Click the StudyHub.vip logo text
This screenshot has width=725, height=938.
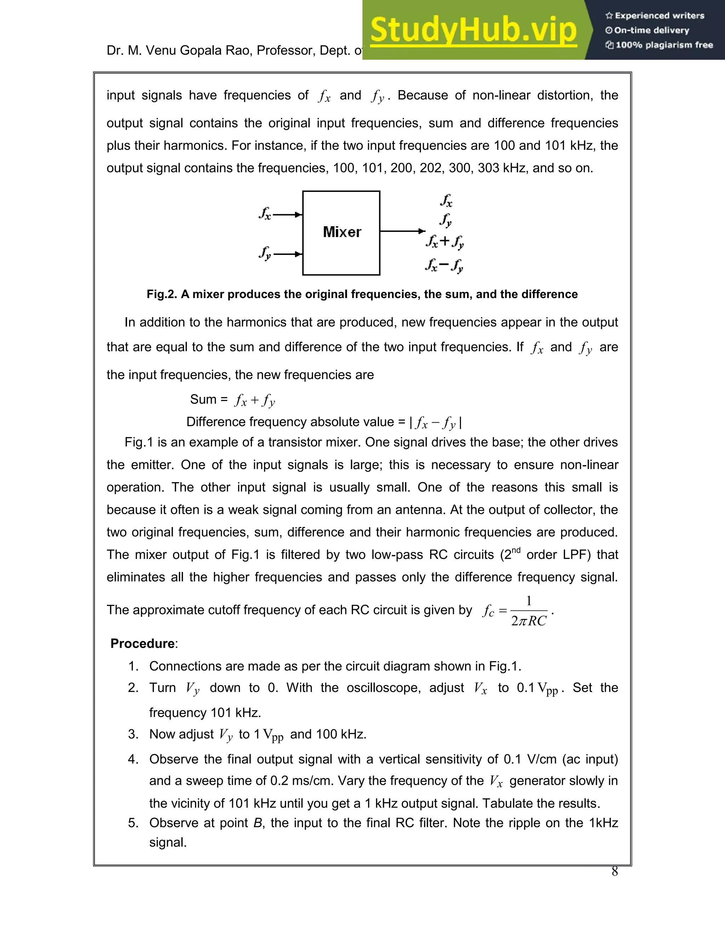point(473,30)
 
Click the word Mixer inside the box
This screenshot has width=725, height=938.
point(342,232)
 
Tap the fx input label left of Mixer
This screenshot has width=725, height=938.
point(264,213)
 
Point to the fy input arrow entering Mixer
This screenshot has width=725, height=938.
point(288,254)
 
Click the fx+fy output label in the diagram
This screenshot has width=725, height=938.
point(445,241)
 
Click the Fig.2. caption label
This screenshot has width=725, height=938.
point(161,294)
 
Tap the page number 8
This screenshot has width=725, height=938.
point(615,871)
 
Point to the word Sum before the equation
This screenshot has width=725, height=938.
point(203,399)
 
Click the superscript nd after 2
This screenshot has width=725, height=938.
point(516,550)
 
